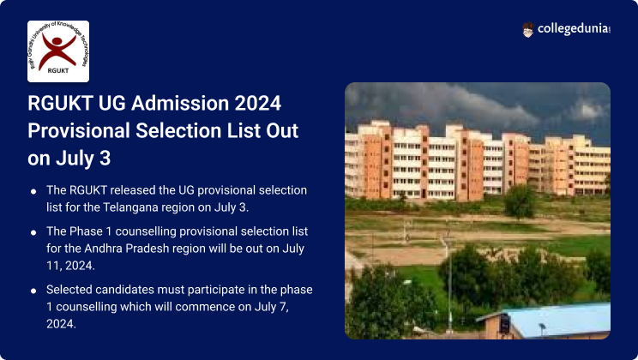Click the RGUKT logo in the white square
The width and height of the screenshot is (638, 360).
(58, 51)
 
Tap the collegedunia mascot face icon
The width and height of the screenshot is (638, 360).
(527, 30)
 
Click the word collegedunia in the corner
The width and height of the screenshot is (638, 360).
(573, 29)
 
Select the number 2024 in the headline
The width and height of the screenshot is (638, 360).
(257, 104)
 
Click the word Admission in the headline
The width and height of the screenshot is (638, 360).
(180, 104)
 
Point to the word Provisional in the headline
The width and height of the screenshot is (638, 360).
(79, 131)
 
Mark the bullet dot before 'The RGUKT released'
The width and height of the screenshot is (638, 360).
(33, 191)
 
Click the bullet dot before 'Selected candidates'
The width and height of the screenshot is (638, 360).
(33, 291)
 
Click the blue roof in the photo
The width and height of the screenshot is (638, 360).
(557, 320)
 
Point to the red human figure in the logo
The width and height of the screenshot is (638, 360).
(57, 50)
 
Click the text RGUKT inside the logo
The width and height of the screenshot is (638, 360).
(58, 71)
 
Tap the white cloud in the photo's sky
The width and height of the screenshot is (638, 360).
(588, 110)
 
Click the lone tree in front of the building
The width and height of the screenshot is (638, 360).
(520, 201)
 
